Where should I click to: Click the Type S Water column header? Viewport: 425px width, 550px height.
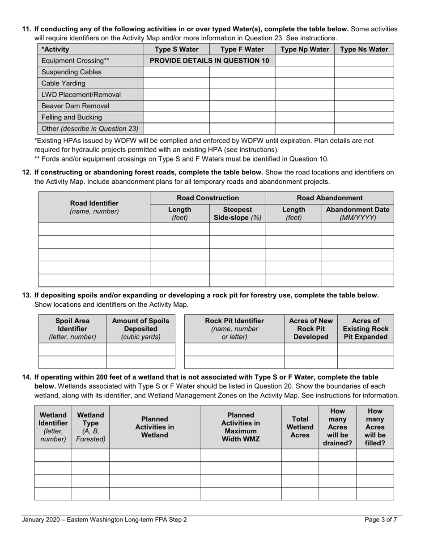[x=176, y=49]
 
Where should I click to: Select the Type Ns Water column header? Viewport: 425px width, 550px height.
[x=364, y=49]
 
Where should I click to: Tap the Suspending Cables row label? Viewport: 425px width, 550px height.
[x=71, y=72]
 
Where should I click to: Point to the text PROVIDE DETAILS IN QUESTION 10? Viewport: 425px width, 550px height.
[x=209, y=61]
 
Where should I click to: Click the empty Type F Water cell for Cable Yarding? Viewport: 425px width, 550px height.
[x=242, y=83]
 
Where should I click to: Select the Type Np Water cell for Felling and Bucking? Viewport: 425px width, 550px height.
[x=304, y=117]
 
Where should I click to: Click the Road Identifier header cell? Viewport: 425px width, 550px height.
[x=94, y=207]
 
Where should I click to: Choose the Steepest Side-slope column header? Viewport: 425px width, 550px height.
[x=237, y=214]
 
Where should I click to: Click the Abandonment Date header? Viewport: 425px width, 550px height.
[x=357, y=214]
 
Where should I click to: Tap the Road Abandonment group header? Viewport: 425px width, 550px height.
[x=330, y=198]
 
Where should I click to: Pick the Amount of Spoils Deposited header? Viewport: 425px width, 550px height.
[x=140, y=329]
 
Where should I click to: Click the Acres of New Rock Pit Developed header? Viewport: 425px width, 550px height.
[x=311, y=329]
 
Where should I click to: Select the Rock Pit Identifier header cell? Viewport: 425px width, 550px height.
[x=234, y=329]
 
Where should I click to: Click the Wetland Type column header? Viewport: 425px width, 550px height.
[x=90, y=427]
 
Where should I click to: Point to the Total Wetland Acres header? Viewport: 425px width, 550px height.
[x=300, y=427]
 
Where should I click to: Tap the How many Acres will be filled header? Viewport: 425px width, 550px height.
[x=375, y=427]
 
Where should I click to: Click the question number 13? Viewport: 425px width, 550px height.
[x=27, y=295]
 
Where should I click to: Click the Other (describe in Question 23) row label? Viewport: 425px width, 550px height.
[x=89, y=129]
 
